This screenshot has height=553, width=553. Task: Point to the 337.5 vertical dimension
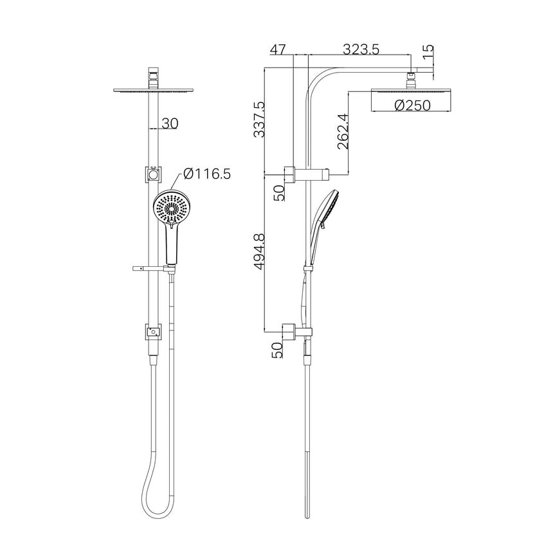pyautogui.click(x=258, y=119)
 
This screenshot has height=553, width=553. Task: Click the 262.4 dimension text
pyautogui.click(x=342, y=132)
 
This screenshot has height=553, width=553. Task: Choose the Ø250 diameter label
pyautogui.click(x=412, y=106)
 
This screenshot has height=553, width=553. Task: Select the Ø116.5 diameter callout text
pyautogui.click(x=206, y=173)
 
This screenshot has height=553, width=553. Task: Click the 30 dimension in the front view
pyautogui.click(x=170, y=123)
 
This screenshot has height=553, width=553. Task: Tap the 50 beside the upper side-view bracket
pyautogui.click(x=278, y=192)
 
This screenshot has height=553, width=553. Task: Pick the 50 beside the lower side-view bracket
pyautogui.click(x=278, y=350)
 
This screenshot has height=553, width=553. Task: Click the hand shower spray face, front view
pyautogui.click(x=172, y=208)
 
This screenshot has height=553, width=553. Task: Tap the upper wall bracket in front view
pyautogui.click(x=153, y=174)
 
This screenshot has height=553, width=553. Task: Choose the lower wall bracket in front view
pyautogui.click(x=152, y=332)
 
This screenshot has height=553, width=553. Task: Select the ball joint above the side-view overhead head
pyautogui.click(x=412, y=80)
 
